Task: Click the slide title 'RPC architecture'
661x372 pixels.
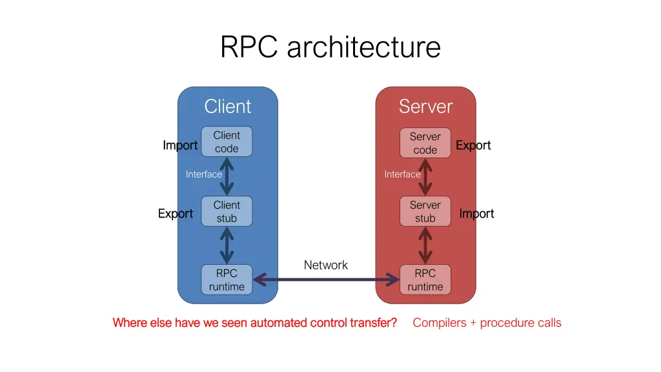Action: (x=330, y=47)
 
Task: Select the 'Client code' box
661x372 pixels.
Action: (x=227, y=141)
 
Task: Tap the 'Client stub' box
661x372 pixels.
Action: (x=227, y=211)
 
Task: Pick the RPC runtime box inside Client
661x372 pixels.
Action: (x=227, y=280)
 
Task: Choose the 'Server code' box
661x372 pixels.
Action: (x=425, y=143)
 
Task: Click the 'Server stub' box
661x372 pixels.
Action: (x=425, y=211)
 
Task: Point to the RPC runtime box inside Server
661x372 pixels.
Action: (x=425, y=280)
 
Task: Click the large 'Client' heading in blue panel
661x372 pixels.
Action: (x=227, y=106)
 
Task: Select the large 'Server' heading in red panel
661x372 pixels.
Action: (x=425, y=106)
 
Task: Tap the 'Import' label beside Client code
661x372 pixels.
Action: (x=180, y=145)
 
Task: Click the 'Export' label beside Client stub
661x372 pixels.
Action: (x=176, y=214)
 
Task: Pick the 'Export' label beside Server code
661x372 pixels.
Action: (x=473, y=145)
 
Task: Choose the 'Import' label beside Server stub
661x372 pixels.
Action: (x=476, y=214)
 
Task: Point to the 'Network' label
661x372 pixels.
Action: (x=325, y=265)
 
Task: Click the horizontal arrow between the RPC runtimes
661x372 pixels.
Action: (x=326, y=280)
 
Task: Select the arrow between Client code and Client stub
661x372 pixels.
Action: (x=227, y=176)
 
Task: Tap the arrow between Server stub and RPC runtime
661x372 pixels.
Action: (x=425, y=245)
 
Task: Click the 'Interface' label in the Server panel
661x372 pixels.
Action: (x=402, y=174)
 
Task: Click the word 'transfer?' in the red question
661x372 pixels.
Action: (x=372, y=322)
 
